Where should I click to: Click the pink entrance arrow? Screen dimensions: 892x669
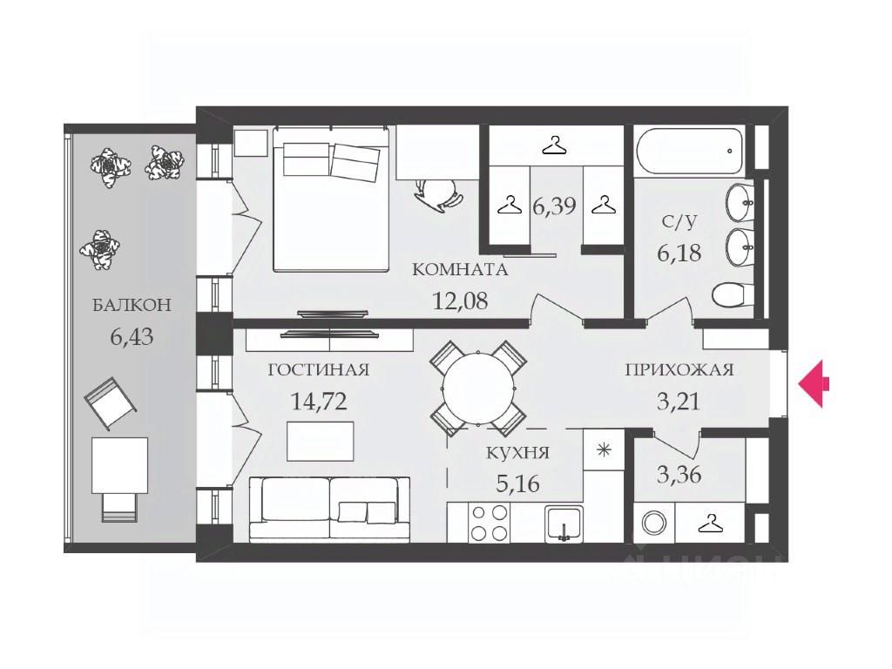pyautogui.click(x=814, y=384)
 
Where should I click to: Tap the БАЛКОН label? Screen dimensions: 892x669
pyautogui.click(x=132, y=305)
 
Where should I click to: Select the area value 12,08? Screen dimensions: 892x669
pyautogui.click(x=460, y=301)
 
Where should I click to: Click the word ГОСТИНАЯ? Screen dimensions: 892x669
pyautogui.click(x=319, y=369)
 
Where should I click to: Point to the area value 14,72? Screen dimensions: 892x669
pyautogui.click(x=319, y=402)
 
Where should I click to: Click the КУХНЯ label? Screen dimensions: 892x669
pyautogui.click(x=517, y=453)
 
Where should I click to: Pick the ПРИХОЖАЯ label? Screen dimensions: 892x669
pyautogui.click(x=679, y=369)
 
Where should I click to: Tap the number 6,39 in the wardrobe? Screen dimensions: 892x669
pyautogui.click(x=554, y=206)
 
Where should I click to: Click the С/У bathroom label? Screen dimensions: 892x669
pyautogui.click(x=679, y=221)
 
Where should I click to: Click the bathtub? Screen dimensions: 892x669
pyautogui.click(x=690, y=151)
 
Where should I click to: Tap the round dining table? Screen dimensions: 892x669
pyautogui.click(x=478, y=389)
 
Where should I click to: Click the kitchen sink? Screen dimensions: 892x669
pyautogui.click(x=563, y=524)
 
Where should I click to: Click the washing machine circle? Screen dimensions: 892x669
pyautogui.click(x=653, y=523)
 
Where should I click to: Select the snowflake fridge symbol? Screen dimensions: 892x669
pyautogui.click(x=604, y=450)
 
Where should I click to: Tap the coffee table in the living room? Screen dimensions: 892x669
pyautogui.click(x=321, y=442)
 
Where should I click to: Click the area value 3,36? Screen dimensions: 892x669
pyautogui.click(x=679, y=474)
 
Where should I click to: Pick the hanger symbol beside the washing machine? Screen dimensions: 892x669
pyautogui.click(x=711, y=524)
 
